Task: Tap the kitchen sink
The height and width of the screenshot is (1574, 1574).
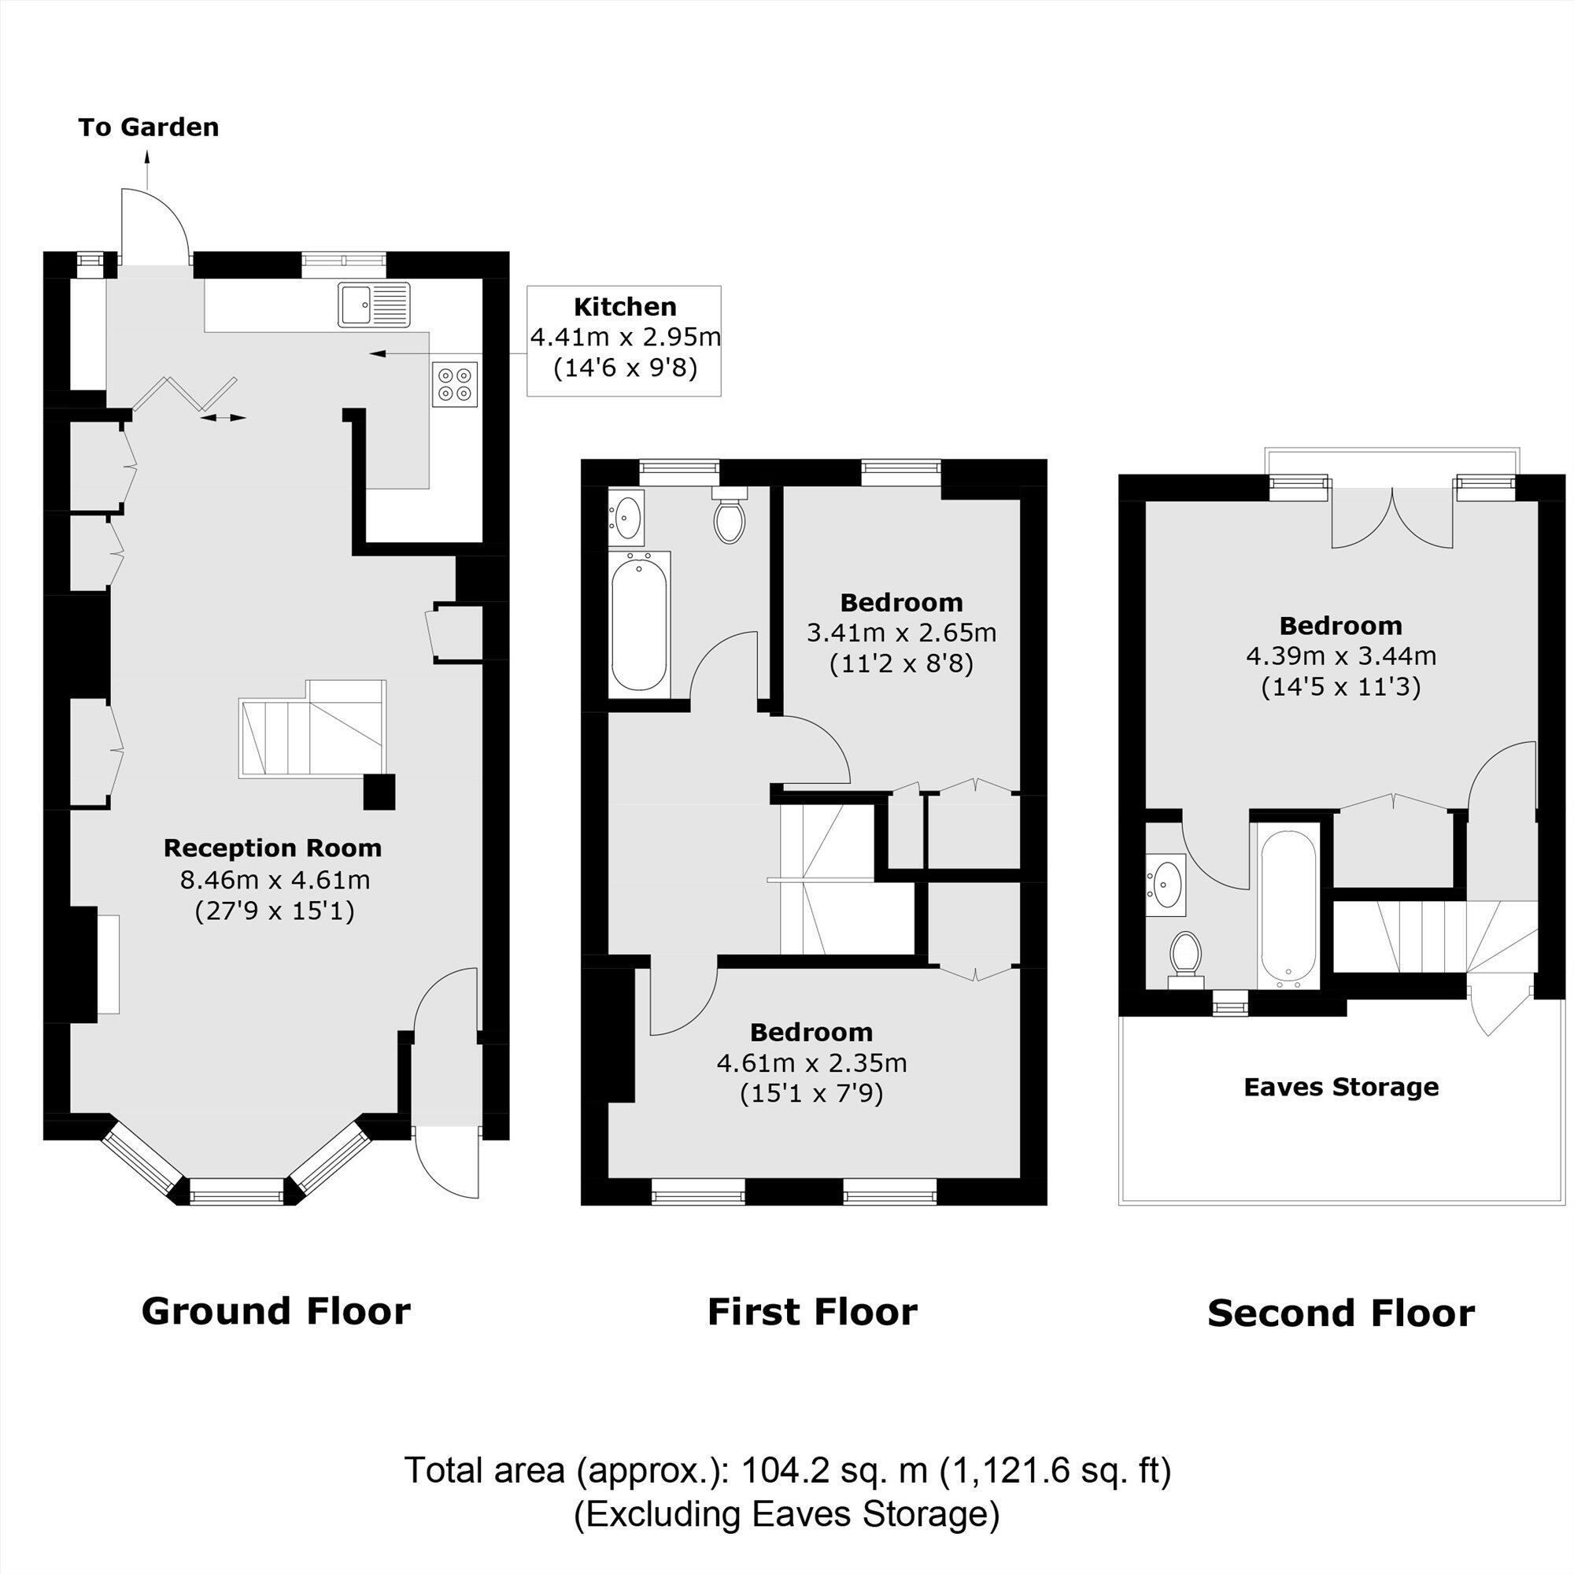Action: pos(374,304)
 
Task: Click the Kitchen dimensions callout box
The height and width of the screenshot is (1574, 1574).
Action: pos(623,341)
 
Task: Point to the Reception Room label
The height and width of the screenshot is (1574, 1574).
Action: pos(273,848)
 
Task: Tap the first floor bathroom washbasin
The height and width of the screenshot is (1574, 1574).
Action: pos(626,516)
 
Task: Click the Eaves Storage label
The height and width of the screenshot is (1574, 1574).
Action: pos(1341,1087)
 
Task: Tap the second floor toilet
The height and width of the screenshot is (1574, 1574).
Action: pos(1185,955)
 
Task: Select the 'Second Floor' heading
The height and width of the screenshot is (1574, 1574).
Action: pos(1340,1314)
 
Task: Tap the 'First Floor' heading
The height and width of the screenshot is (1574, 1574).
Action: pos(812,1313)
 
